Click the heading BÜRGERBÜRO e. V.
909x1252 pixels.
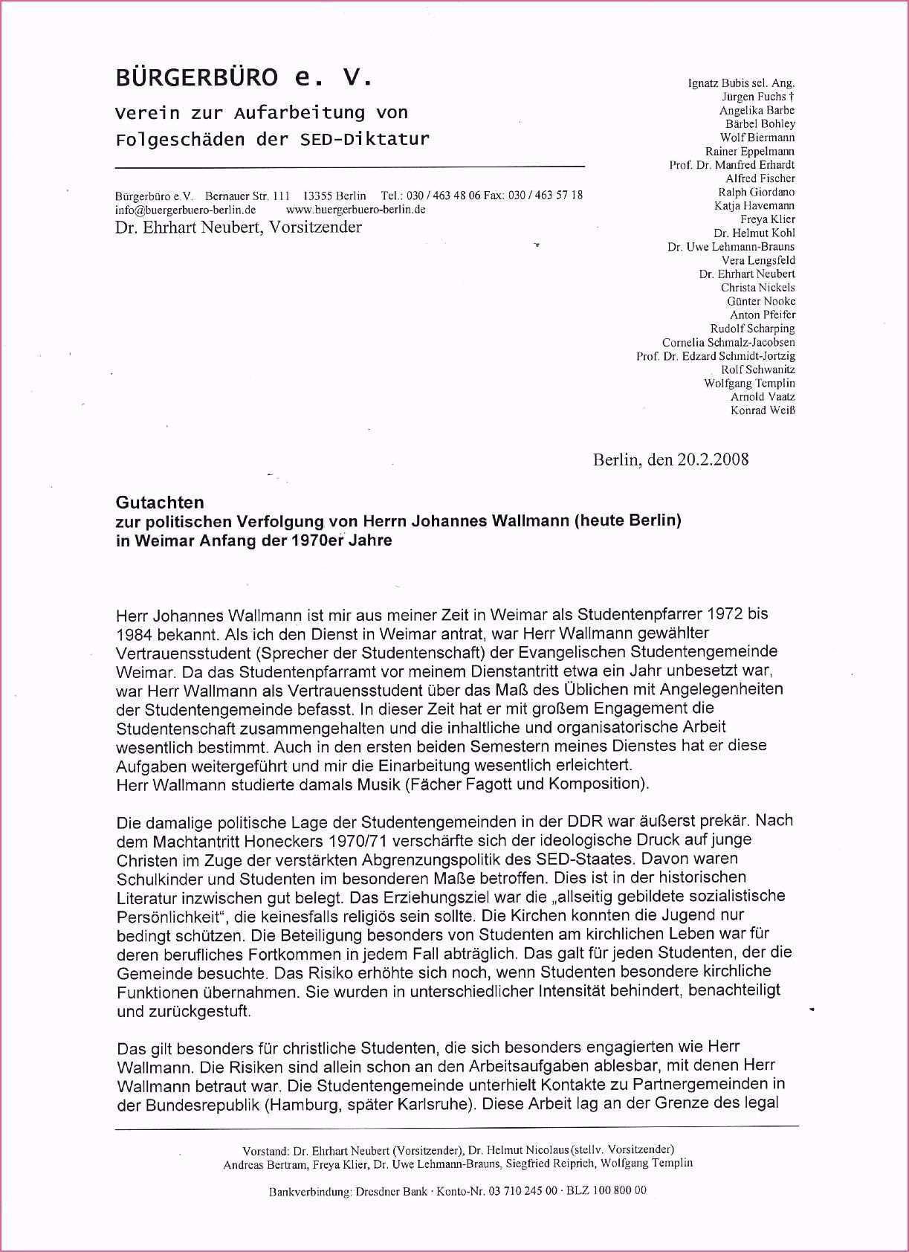point(242,77)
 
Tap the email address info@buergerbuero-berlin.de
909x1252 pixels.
point(185,210)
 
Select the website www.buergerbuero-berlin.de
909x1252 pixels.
point(355,210)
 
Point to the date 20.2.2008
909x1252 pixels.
point(713,459)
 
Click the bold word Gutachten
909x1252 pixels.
point(159,503)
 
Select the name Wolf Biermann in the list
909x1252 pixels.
point(757,138)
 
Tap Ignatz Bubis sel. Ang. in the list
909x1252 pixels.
point(741,83)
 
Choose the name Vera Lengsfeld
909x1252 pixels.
point(758,260)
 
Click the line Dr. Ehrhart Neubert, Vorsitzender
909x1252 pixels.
point(238,228)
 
